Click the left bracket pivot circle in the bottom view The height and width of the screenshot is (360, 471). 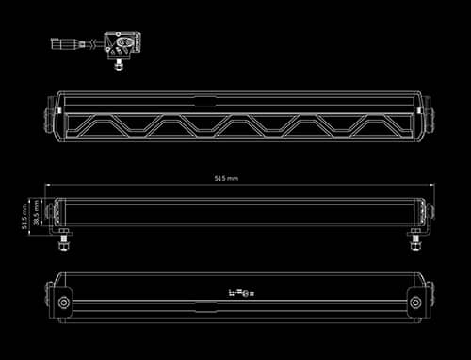tap(64, 302)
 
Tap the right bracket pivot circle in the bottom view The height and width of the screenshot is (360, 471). tap(414, 302)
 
